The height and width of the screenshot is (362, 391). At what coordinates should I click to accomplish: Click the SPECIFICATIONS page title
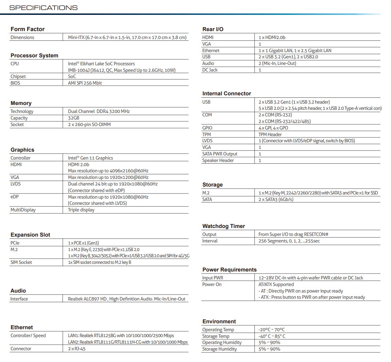tap(44, 8)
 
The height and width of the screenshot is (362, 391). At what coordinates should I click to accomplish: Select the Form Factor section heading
tap(27, 29)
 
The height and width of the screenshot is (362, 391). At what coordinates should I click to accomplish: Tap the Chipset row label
tap(18, 76)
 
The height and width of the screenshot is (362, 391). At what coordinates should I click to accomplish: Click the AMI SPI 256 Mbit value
tap(85, 83)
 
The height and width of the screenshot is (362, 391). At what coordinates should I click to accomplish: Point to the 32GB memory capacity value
tap(74, 118)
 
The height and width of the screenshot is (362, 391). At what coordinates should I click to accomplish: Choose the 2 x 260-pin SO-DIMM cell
tap(89, 124)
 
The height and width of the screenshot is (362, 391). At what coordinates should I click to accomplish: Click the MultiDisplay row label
tap(23, 210)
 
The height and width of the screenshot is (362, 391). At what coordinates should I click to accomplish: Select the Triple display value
tap(81, 210)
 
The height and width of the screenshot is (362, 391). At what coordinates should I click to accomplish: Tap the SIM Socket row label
tap(21, 262)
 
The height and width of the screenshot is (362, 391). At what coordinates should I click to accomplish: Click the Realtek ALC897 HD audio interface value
tap(126, 299)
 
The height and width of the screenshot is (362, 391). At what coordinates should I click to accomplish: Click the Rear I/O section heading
tap(213, 29)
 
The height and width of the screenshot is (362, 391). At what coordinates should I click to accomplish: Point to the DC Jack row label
tap(210, 70)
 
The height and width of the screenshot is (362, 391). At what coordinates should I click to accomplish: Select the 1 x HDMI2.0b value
tap(272, 37)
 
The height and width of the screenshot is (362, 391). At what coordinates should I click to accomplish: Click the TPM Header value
tap(270, 134)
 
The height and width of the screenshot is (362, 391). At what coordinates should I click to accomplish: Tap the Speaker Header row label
tap(218, 160)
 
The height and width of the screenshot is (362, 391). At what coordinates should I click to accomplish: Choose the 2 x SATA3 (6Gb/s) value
tap(276, 199)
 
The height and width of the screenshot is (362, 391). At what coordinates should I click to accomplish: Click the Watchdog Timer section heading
tap(223, 226)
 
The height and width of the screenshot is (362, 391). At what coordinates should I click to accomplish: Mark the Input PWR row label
tap(213, 278)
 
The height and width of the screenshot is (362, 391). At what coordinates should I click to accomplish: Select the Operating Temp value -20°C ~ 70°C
tap(271, 330)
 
